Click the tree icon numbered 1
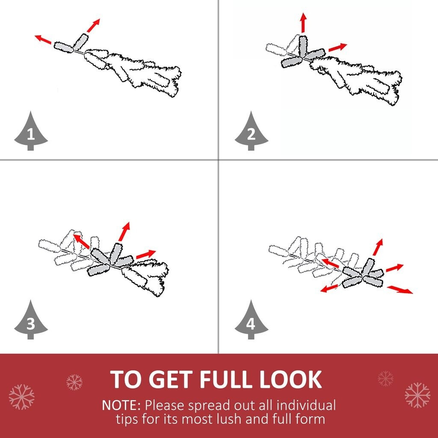pyautogui.click(x=31, y=131)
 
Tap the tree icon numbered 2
pyautogui.click(x=251, y=131)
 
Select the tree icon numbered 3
pyautogui.click(x=31, y=320)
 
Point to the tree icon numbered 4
pyautogui.click(x=251, y=320)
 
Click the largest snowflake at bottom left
pyautogui.click(x=21, y=397)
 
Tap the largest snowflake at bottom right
pyautogui.click(x=417, y=395)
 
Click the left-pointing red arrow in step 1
pyautogui.click(x=43, y=39)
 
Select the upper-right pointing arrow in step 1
pyautogui.click(x=93, y=25)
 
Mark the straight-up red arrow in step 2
pyautogui.click(x=303, y=22)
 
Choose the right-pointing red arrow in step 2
pyautogui.click(x=338, y=47)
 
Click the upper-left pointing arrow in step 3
pyautogui.click(x=81, y=241)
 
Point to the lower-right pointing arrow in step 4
pyautogui.click(x=400, y=290)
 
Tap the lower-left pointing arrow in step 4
pyautogui.click(x=329, y=289)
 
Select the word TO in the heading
pyautogui.click(x=128, y=379)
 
